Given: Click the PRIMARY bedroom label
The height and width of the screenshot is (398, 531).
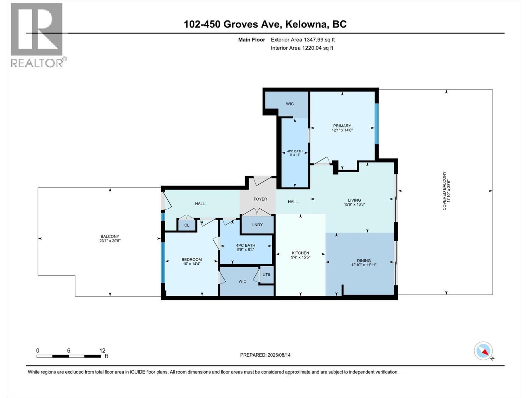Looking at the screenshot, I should pyautogui.click(x=342, y=126).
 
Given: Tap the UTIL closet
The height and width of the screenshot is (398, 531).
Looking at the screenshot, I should pyautogui.click(x=267, y=275).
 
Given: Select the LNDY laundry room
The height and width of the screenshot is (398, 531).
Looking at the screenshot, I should pyautogui.click(x=257, y=225).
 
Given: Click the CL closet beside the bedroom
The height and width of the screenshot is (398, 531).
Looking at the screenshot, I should pyautogui.click(x=187, y=225).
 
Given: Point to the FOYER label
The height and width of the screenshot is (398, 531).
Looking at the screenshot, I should pyautogui.click(x=260, y=199).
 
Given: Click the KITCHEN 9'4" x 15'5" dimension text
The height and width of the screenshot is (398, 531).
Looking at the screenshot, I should pyautogui.click(x=300, y=257).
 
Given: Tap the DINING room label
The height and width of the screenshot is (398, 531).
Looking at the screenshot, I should pyautogui.click(x=364, y=261).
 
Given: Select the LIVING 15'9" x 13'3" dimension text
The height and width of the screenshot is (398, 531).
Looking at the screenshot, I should pyautogui.click(x=354, y=204).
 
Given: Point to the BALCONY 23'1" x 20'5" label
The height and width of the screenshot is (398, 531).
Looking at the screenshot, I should pyautogui.click(x=110, y=239).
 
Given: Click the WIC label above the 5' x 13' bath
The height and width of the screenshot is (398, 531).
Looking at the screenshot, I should pyautogui.click(x=290, y=104).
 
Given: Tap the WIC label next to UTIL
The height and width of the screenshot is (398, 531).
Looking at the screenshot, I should pyautogui.click(x=242, y=281).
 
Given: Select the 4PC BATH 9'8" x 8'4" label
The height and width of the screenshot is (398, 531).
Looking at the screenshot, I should pyautogui.click(x=246, y=247).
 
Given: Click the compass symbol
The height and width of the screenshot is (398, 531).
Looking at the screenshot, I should pyautogui.click(x=483, y=351).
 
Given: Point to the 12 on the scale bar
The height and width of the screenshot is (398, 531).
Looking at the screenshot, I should pyautogui.click(x=102, y=350).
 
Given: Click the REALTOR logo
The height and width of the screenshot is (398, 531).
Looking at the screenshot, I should pyautogui.click(x=37, y=35).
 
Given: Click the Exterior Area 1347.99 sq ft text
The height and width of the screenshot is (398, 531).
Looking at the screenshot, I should pyautogui.click(x=303, y=39).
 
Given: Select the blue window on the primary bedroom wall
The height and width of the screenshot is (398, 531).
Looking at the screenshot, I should pyautogui.click(x=377, y=124).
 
